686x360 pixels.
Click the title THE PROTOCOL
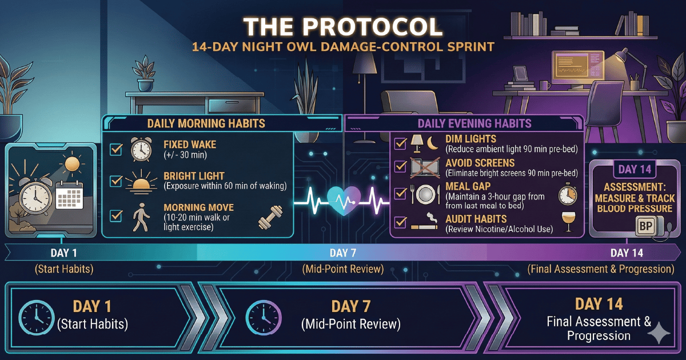(x=343, y=27)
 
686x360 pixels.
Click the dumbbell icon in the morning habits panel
(x=270, y=217)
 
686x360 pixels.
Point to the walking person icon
(x=141, y=217)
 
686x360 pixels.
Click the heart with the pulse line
(x=344, y=201)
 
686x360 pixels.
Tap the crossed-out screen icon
(x=425, y=167)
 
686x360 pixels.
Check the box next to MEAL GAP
(x=401, y=193)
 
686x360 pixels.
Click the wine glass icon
(x=568, y=222)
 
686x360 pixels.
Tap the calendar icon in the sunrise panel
(x=69, y=195)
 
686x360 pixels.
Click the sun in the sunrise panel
(x=72, y=164)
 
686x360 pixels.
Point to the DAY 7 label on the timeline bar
(x=343, y=253)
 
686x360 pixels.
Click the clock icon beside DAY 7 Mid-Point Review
(x=264, y=318)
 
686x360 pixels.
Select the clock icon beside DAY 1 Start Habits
(x=37, y=318)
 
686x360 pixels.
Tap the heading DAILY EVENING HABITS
(x=474, y=123)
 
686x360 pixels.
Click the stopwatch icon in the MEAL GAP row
(x=568, y=194)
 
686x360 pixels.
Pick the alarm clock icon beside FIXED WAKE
(x=141, y=149)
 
